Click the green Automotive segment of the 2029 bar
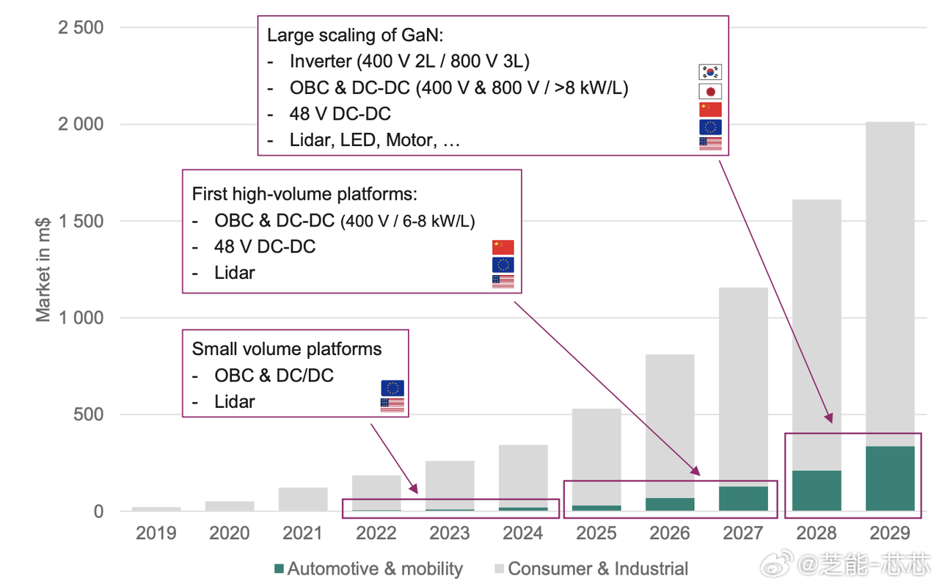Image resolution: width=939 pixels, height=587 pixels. click(890, 478)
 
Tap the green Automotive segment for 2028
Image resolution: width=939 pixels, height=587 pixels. click(816, 490)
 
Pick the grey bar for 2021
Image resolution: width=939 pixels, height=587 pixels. click(303, 499)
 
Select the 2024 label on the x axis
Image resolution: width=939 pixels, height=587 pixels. click(523, 533)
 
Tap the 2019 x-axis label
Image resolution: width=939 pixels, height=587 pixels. click(156, 533)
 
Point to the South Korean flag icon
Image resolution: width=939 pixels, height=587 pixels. click(710, 72)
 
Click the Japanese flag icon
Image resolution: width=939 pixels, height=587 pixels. click(710, 91)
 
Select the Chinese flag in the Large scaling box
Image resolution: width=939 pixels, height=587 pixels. click(710, 109)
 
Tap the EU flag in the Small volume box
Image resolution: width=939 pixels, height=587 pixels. click(392, 388)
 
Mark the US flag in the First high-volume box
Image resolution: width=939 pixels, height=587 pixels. click(503, 281)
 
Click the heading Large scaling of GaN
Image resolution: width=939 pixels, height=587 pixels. click(356, 35)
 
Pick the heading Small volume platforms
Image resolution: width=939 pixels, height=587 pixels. click(287, 349)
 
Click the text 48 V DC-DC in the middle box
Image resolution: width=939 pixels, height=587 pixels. click(265, 246)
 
